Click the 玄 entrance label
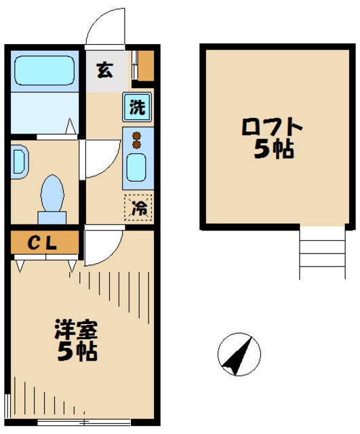pos(105,68)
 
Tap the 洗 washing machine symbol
pos(137,107)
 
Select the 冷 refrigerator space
pos(138,208)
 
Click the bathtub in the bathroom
pos(45,71)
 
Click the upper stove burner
pos(136,134)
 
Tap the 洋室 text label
pos(76,332)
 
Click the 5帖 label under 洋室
pos(76,352)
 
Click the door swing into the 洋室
pos(102,247)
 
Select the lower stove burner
pos(136,144)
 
